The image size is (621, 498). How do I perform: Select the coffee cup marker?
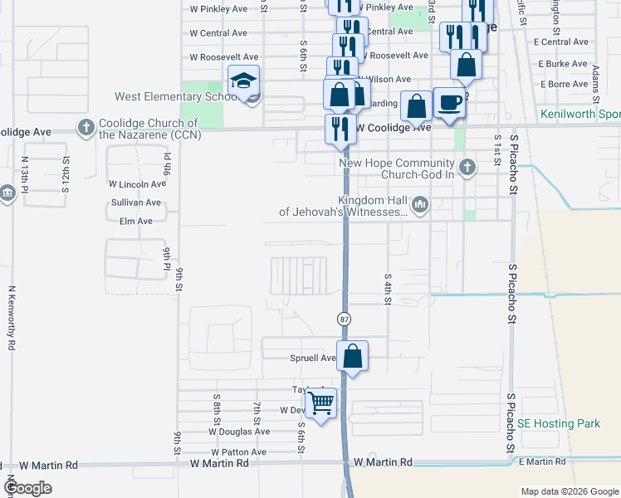pos(449,103)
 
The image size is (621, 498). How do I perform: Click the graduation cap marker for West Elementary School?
pos(243,81)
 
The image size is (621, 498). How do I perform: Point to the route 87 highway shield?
pos(343,319)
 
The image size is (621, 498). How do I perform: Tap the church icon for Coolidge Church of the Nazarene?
pos(85,128)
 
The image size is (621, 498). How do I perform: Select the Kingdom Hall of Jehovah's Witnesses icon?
pos(420,205)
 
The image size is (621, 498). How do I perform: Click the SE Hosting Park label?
pos(558,423)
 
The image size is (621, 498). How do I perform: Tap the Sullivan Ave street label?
pos(135,203)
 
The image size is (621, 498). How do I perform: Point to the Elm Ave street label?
pos(136,222)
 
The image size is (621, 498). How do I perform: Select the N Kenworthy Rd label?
pos(12,319)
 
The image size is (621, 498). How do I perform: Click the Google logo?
pos(28,488)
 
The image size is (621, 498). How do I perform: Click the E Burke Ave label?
pos(564,63)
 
